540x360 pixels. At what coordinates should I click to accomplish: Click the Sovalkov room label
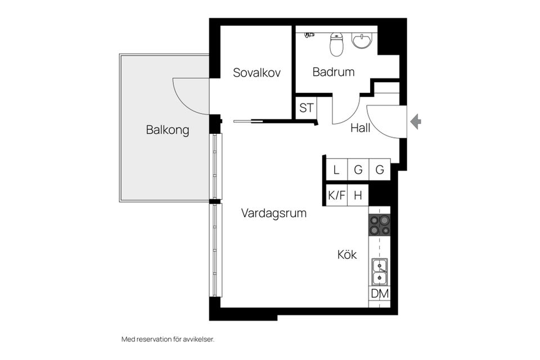point(256,73)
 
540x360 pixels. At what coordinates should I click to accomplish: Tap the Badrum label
point(334,72)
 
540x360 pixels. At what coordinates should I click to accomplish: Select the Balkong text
point(168,130)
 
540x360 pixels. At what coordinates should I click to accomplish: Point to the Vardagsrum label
point(274,213)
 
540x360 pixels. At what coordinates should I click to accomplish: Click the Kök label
point(347,255)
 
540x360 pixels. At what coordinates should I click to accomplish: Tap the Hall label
point(360,128)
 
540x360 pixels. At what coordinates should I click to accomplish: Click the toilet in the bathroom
point(336,44)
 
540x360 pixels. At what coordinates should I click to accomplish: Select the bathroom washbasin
point(362,40)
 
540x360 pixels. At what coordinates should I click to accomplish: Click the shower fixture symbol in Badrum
point(309,35)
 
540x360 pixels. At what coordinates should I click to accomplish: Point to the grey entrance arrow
point(416,121)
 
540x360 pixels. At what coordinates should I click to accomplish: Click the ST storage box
point(306,108)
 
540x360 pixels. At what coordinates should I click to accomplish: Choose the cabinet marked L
point(336,170)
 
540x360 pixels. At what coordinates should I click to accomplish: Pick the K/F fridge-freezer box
point(337,196)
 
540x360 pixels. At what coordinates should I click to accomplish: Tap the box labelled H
point(358,196)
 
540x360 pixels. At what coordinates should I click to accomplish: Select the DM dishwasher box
point(380,294)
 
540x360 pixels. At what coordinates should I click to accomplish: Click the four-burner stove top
point(380,225)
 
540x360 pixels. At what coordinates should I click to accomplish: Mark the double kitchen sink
point(380,271)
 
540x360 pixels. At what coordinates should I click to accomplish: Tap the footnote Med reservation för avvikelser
point(168,339)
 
